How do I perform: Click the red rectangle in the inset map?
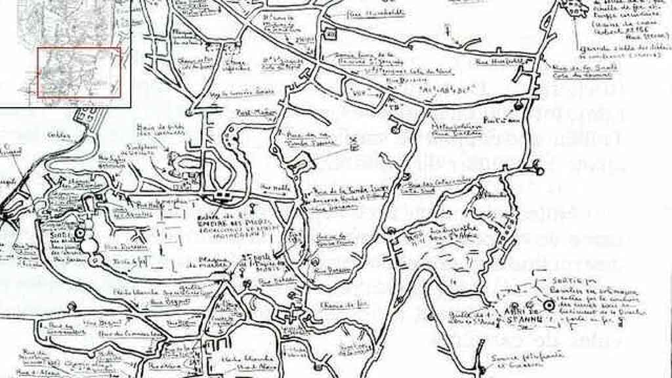[79, 72]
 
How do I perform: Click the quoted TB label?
[394, 106]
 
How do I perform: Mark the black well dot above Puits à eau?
[518, 106]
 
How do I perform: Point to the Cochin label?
[58, 135]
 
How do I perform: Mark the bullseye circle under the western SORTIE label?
[80, 233]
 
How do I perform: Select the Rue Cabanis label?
[274, 282]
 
